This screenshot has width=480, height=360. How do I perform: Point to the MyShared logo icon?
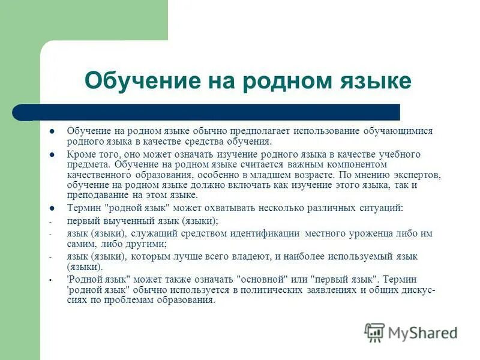click(374, 332)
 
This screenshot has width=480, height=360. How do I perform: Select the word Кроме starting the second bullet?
click(80, 154)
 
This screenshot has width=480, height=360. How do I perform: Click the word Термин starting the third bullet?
click(83, 208)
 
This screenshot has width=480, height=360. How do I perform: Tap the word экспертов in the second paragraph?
click(416, 175)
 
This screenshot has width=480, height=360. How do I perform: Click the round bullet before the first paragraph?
click(52, 131)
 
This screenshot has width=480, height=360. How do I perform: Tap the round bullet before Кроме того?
click(52, 155)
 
